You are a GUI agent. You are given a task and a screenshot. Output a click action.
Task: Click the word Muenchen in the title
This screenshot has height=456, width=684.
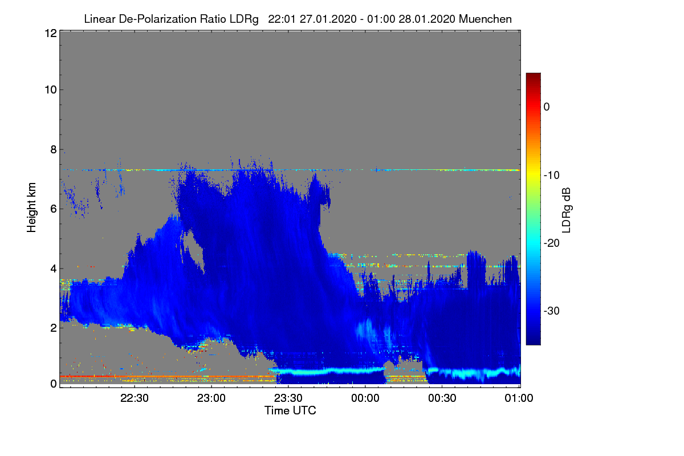pos(485,19)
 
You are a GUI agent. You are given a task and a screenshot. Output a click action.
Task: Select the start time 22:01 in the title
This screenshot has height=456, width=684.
pos(282,19)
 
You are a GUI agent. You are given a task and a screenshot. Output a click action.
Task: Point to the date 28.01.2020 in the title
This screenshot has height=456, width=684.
pos(427,19)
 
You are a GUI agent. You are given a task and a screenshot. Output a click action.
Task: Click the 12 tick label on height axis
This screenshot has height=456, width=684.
pos(51,33)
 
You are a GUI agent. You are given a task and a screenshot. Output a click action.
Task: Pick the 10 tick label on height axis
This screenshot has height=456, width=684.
pos(51,90)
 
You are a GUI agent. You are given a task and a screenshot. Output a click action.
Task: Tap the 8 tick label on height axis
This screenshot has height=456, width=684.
pos(54,150)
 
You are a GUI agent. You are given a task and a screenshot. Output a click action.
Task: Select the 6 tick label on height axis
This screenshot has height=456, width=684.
pos(54,209)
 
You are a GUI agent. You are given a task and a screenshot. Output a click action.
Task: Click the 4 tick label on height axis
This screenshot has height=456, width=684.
pos(54,269)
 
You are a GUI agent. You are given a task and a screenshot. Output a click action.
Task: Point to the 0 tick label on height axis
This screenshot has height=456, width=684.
pos(54,384)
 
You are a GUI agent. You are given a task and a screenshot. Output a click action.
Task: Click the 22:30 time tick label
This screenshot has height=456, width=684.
pos(135,398)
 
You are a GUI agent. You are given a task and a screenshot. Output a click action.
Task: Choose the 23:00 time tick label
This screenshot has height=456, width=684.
pos(211,398)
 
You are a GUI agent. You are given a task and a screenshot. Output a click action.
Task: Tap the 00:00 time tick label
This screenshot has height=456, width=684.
pos(365,398)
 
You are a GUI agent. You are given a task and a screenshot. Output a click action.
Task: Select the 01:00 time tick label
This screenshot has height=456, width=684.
pos(519,398)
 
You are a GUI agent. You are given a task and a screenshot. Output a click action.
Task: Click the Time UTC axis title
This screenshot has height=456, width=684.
pos(290,410)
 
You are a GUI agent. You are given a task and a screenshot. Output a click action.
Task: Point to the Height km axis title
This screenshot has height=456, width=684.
pos(31,207)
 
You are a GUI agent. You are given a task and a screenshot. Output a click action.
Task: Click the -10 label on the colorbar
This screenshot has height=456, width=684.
pos(552,176)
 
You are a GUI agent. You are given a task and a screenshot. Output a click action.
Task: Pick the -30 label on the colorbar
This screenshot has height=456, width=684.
pos(552,311)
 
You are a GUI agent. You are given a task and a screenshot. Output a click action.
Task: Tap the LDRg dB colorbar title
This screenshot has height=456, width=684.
pos(567,210)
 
